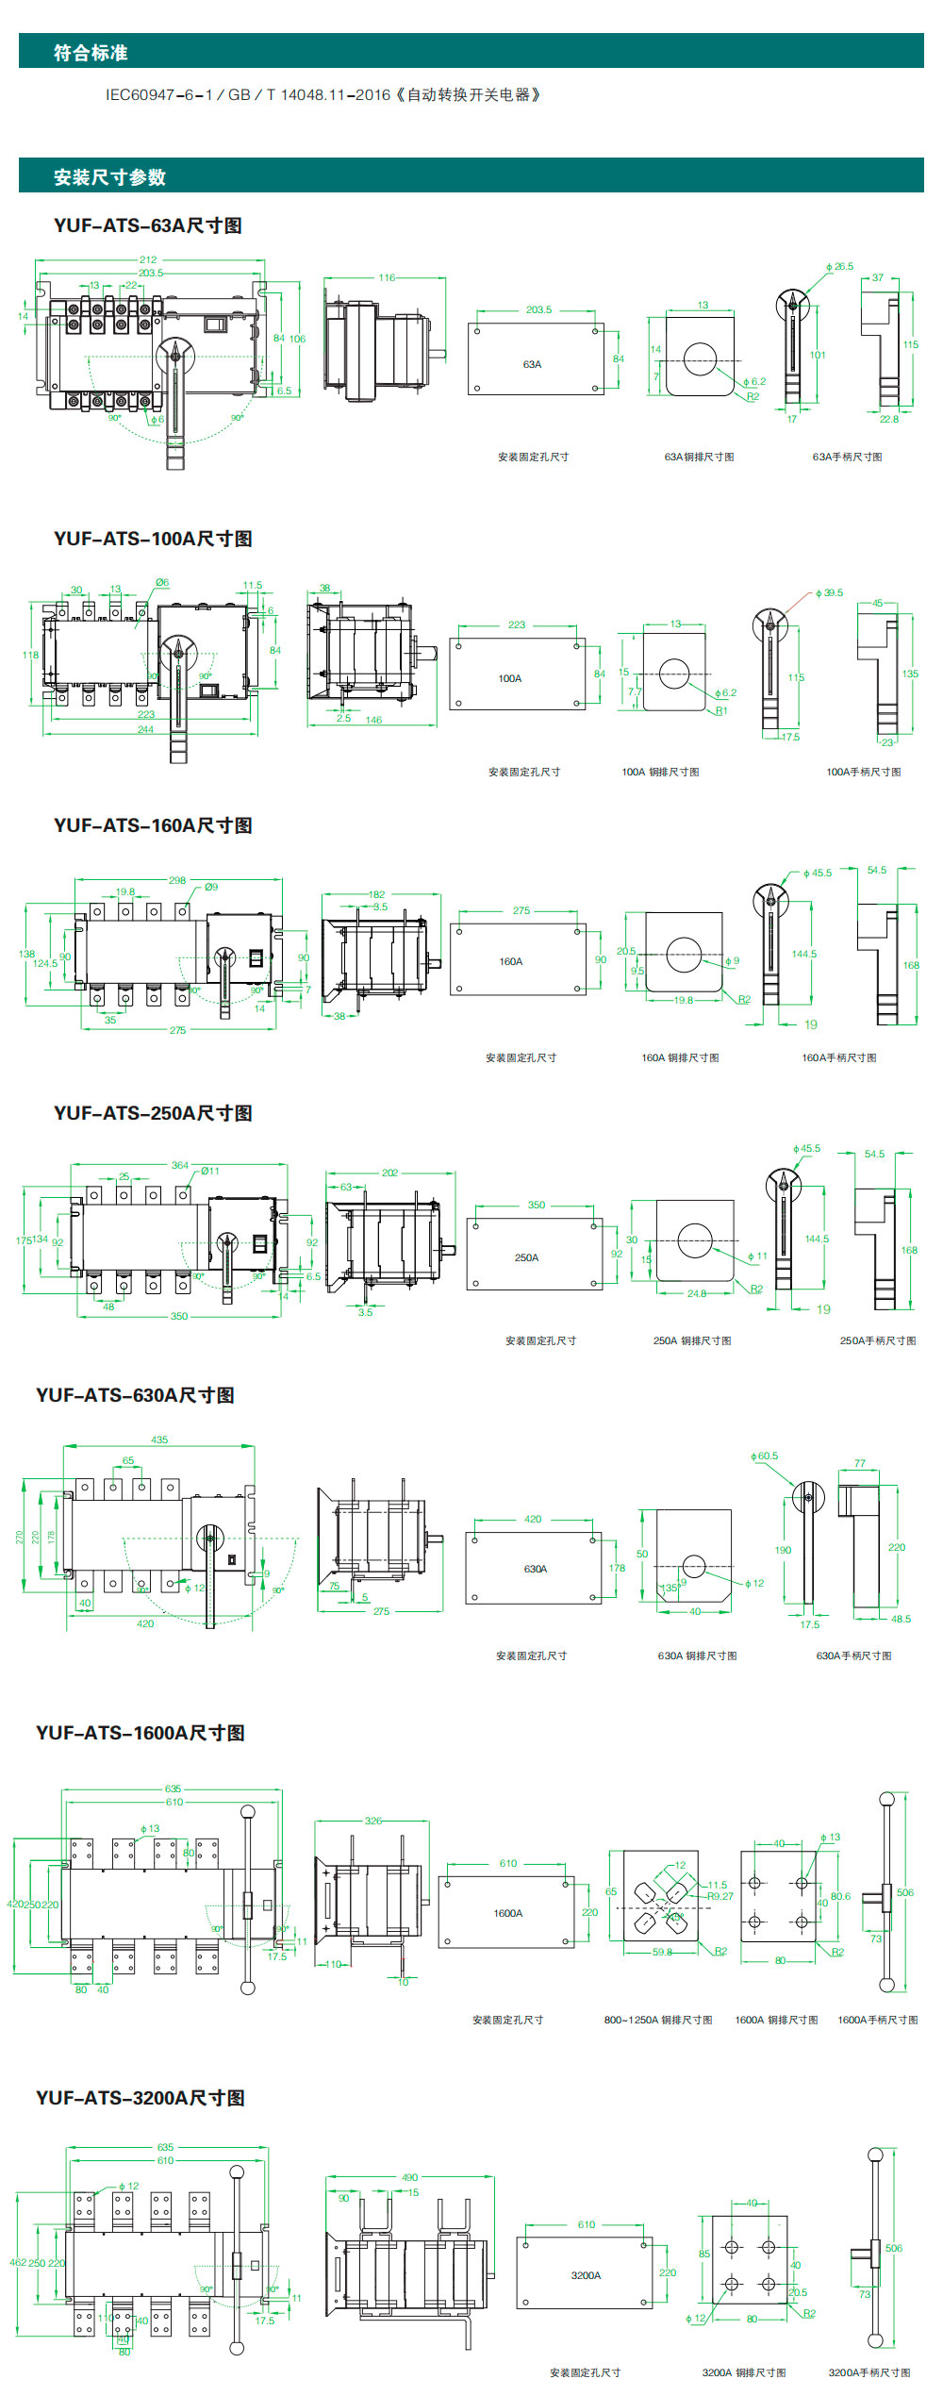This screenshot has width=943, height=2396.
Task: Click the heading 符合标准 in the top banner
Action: (x=91, y=53)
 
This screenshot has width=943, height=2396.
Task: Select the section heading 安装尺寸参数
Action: (x=109, y=177)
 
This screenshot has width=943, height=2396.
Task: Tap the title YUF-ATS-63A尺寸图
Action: (x=148, y=225)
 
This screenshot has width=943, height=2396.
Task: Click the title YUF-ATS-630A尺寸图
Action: (x=135, y=1395)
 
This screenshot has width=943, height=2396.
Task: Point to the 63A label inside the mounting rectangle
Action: (x=532, y=364)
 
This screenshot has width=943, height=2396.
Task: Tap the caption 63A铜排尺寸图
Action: (x=699, y=457)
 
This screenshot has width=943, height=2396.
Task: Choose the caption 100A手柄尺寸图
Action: (x=863, y=772)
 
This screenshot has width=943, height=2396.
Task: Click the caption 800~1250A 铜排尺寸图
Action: (x=658, y=2020)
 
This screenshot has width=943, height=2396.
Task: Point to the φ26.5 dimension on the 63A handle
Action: (x=838, y=267)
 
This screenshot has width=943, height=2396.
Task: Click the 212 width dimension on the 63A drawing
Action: (x=148, y=259)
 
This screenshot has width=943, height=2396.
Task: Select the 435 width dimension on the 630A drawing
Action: (x=159, y=1440)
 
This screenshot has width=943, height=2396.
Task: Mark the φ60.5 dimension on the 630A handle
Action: (x=764, y=1456)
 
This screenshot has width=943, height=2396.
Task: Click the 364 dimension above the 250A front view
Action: (x=179, y=1166)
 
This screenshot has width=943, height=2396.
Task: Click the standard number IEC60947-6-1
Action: (x=159, y=95)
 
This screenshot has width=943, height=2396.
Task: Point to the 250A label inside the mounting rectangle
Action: (x=526, y=1257)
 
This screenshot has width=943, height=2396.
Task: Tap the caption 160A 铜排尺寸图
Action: (x=680, y=1057)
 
